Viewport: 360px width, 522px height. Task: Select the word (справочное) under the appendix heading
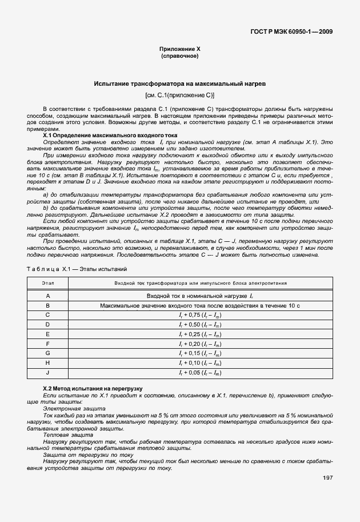tap(179, 57)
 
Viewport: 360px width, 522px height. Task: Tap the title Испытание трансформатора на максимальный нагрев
tap(179, 84)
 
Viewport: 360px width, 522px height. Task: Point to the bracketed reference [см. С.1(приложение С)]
tap(179, 95)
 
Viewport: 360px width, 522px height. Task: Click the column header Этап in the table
tap(48, 283)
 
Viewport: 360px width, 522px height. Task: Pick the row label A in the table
tap(48, 296)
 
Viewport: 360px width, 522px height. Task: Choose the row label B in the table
tap(48, 306)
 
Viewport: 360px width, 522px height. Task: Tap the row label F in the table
tap(48, 344)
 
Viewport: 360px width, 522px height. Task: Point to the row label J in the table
tap(48, 373)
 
